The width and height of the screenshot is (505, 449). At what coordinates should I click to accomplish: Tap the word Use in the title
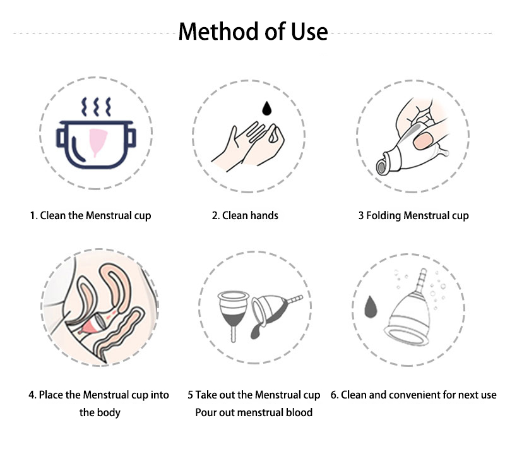point(309,32)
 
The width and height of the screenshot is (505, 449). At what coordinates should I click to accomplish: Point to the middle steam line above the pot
point(96,107)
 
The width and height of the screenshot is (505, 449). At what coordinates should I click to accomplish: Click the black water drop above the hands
point(266,108)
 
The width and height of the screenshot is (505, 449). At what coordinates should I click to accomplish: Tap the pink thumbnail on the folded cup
point(422,141)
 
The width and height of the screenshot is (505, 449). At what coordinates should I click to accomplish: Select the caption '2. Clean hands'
point(245,215)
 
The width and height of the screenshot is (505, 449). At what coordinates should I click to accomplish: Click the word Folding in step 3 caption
point(384,216)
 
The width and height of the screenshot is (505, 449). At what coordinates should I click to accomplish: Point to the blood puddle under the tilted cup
point(256,331)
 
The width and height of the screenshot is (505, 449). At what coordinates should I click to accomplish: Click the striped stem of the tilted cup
point(294,299)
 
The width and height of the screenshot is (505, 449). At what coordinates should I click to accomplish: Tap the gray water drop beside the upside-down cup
point(371,307)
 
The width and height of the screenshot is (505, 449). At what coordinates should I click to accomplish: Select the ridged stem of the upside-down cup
point(420,280)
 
